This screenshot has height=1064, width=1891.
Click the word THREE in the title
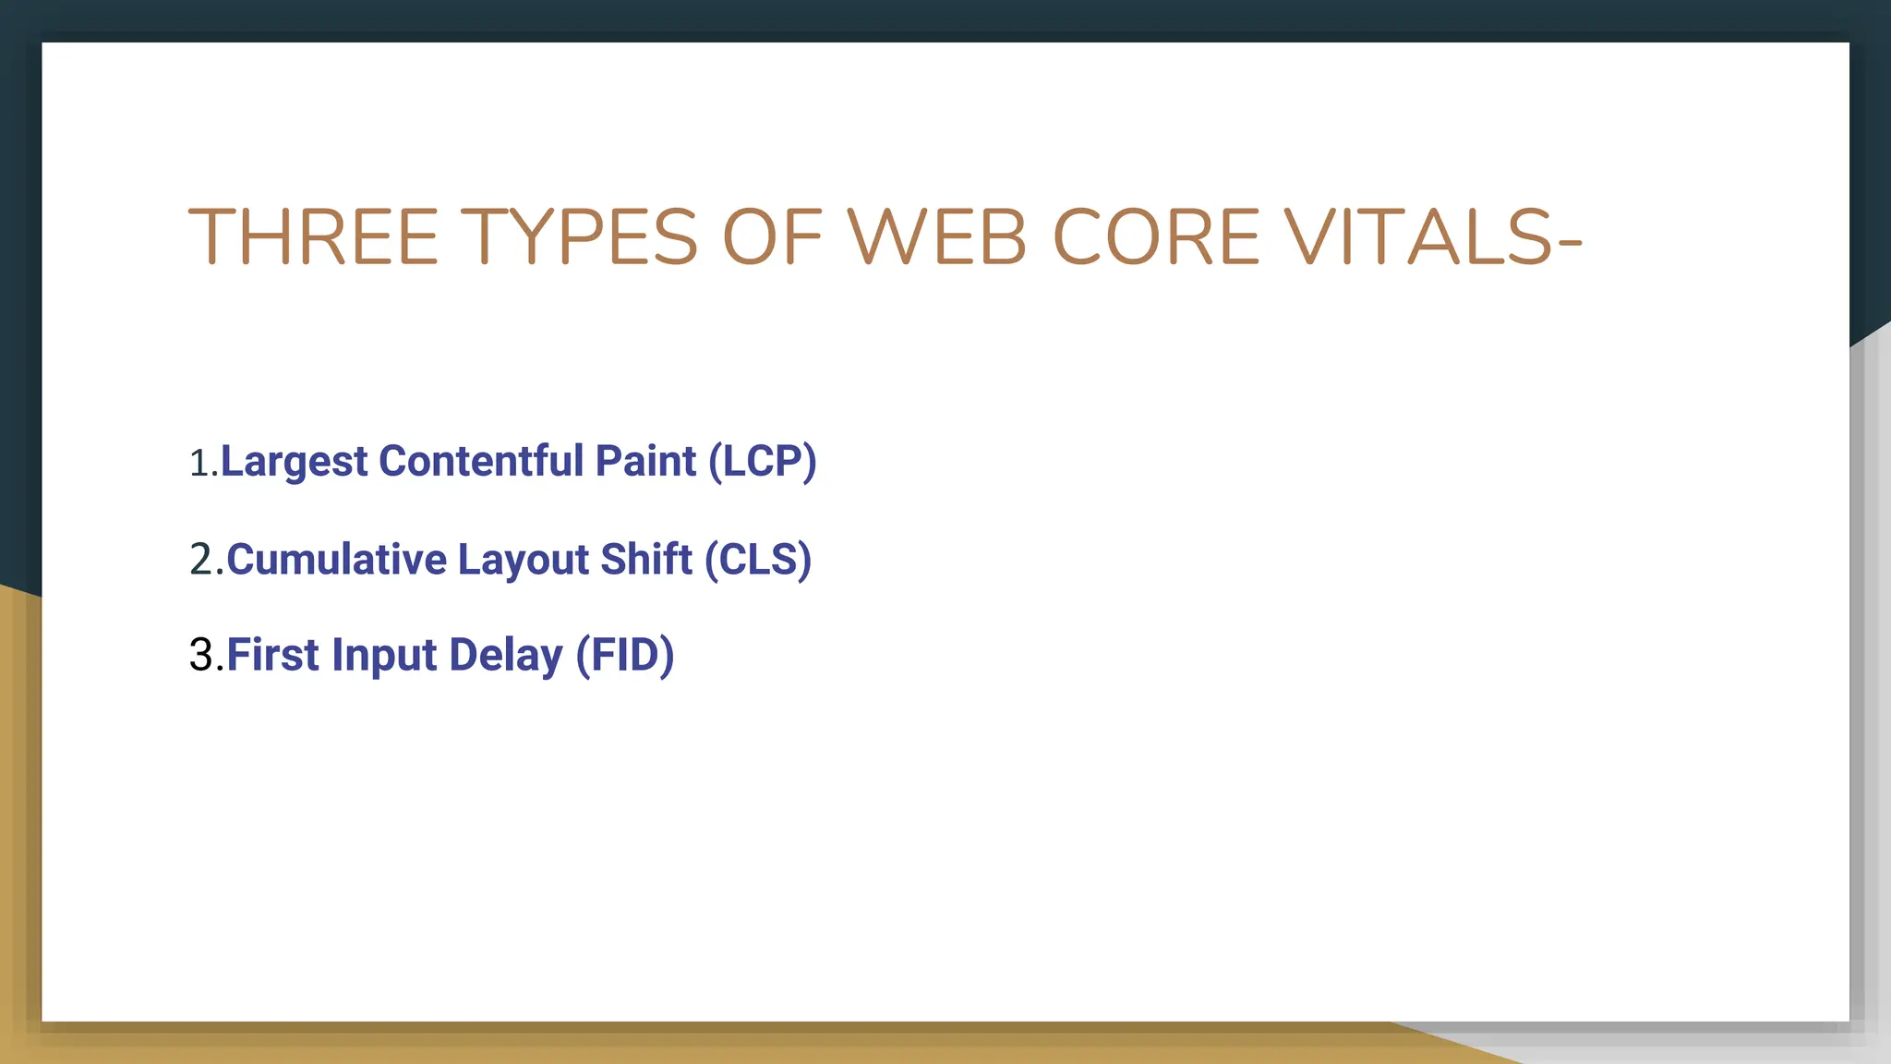pyautogui.click(x=313, y=237)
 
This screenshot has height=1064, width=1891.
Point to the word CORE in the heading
pyautogui.click(x=1156, y=237)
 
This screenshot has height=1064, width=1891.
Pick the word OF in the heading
pyautogui.click(x=772, y=237)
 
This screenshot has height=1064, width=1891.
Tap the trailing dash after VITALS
pyautogui.click(x=1570, y=242)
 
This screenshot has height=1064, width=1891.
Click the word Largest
pyautogui.click(x=295, y=462)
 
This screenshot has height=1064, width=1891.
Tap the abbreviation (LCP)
pyautogui.click(x=763, y=461)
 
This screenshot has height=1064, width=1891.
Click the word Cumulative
pyautogui.click(x=337, y=560)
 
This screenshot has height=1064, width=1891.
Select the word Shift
pyautogui.click(x=646, y=559)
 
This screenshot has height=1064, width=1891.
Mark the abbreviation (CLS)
pyautogui.click(x=758, y=560)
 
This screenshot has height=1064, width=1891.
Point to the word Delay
pyautogui.click(x=505, y=656)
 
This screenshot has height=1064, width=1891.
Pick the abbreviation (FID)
pyautogui.click(x=625, y=655)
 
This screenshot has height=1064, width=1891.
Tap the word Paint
pyautogui.click(x=645, y=460)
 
